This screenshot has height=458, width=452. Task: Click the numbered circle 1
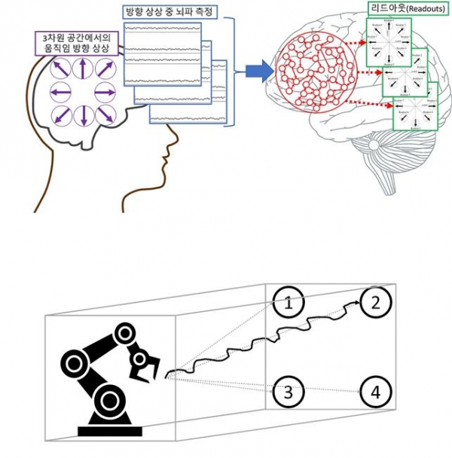tap(288, 304)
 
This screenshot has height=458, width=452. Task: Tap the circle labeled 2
tap(374, 303)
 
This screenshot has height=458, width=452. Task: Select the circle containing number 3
tap(288, 392)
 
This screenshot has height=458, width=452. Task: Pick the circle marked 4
tap(374, 392)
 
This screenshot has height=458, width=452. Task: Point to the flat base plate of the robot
tap(110, 430)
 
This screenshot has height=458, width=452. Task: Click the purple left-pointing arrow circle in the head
tap(60, 93)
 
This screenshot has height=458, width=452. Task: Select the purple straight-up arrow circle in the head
tap(83, 71)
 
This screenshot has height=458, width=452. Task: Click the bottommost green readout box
tap(417, 107)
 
